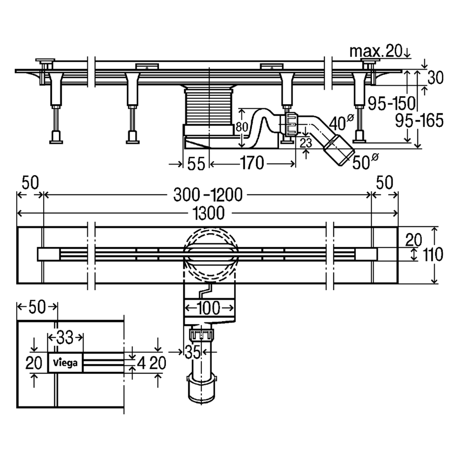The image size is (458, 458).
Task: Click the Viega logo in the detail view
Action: point(65,363)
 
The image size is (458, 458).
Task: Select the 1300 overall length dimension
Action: point(209,213)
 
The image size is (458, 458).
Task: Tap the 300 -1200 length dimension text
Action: point(208,195)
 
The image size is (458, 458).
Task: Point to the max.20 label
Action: point(376,51)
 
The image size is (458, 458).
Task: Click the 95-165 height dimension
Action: point(419,120)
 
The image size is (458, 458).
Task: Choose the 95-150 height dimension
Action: point(391,103)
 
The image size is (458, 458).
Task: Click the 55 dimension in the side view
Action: point(196,164)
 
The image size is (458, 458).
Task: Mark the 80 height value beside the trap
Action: point(242,127)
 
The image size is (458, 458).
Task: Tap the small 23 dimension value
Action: point(306,143)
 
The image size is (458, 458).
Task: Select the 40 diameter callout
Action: point(341,123)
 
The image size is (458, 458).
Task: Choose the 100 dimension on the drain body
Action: point(209,308)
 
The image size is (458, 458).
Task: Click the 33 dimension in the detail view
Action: point(65,338)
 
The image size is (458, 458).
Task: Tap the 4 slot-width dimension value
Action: point(141,363)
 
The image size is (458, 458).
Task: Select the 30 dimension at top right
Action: point(436,78)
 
